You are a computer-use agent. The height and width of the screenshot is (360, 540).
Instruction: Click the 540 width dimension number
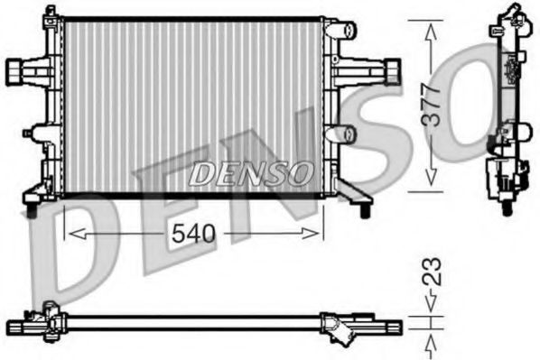click(x=193, y=234)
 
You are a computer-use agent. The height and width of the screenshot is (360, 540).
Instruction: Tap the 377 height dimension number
click(x=433, y=105)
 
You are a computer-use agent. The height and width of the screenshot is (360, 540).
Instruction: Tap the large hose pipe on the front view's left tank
click(x=17, y=69)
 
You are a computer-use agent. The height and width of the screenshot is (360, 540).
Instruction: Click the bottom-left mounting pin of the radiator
click(x=32, y=210)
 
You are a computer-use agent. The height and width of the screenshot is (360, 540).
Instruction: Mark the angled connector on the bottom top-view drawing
click(x=341, y=330)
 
